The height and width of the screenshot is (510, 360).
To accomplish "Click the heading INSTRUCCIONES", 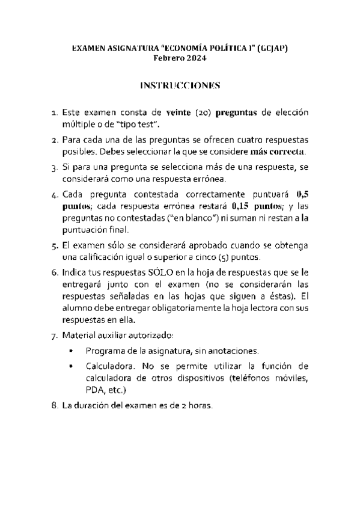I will (x=180, y=85).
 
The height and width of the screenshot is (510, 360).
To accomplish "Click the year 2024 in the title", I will (x=195, y=58).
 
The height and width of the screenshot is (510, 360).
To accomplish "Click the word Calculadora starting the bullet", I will (x=108, y=366).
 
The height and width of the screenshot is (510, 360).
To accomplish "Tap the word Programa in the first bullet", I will (x=105, y=350).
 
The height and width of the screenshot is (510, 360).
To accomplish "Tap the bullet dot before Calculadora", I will (x=71, y=366).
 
